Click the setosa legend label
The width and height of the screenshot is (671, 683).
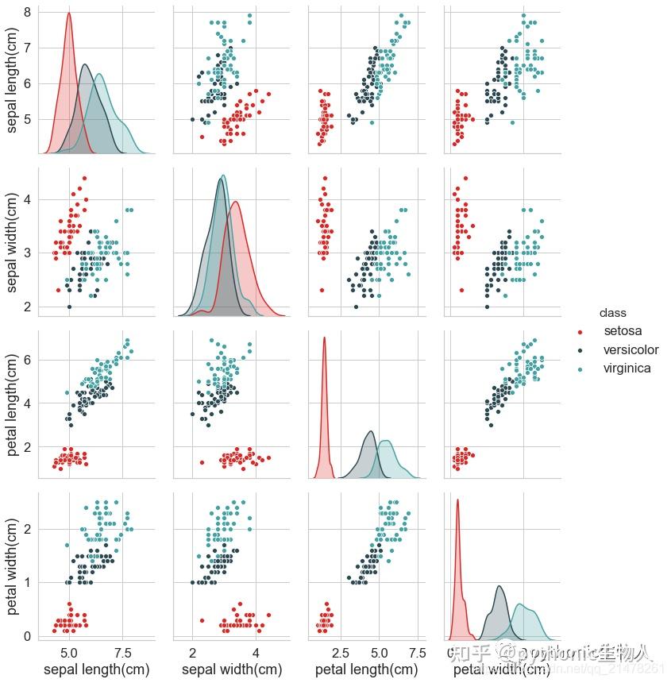pyautogui.click(x=623, y=330)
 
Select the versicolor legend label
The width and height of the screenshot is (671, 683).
pyautogui.click(x=631, y=349)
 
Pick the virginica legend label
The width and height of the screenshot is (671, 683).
pyautogui.click(x=627, y=369)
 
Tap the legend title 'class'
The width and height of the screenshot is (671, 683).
pyautogui.click(x=613, y=313)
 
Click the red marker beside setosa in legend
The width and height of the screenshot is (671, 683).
pyautogui.click(x=580, y=331)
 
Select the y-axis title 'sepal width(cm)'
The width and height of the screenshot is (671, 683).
pyautogui.click(x=13, y=241)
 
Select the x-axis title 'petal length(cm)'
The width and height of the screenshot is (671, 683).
pyautogui.click(x=366, y=669)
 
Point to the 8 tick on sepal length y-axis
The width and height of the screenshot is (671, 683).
pyautogui.click(x=27, y=12)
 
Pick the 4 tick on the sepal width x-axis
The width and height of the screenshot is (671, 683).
pyautogui.click(x=256, y=652)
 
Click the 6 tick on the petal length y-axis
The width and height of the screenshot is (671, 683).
pyautogui.click(x=27, y=359)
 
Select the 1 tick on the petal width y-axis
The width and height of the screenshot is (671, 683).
pyautogui.click(x=27, y=582)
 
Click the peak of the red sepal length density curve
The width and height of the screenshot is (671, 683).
pyautogui.click(x=69, y=13)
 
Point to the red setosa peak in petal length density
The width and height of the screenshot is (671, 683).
pyautogui.click(x=324, y=338)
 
